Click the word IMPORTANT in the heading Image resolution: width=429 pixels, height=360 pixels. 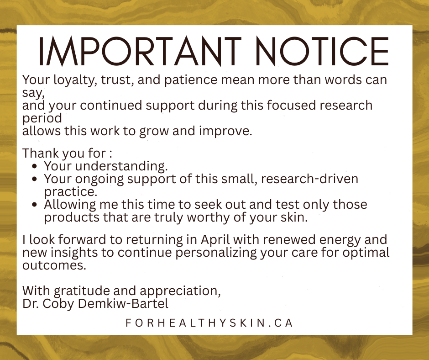click(x=140, y=51)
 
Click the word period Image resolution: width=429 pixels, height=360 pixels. click(x=42, y=118)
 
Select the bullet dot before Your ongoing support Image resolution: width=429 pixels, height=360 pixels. click(x=36, y=179)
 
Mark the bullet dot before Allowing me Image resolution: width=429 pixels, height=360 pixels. click(x=36, y=205)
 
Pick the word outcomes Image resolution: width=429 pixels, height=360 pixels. click(x=54, y=265)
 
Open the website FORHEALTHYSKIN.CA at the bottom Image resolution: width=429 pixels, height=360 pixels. click(x=209, y=323)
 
